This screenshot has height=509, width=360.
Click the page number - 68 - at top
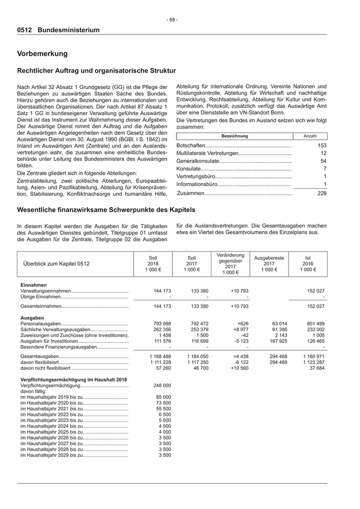point(173,20)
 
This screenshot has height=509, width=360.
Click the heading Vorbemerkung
point(42,53)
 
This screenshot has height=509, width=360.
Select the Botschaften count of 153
point(322,146)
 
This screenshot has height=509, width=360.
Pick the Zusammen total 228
point(322,193)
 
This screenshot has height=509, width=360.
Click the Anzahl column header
point(311,136)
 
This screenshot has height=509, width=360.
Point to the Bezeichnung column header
point(234,136)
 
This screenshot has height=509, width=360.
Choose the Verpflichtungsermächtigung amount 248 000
point(162,385)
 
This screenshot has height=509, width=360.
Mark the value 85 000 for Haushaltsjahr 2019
point(164,397)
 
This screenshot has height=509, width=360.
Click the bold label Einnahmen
point(33,285)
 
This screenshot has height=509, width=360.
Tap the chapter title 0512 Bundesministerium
point(58,30)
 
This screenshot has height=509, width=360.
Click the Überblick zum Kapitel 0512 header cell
point(57,263)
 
